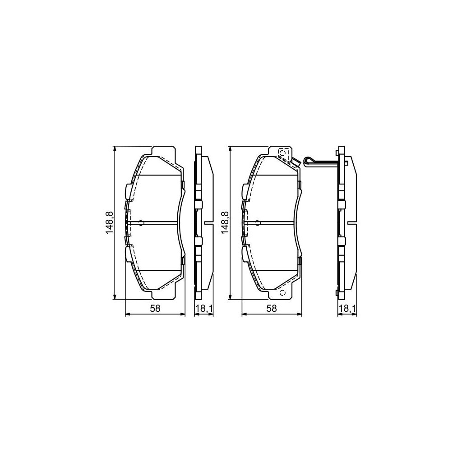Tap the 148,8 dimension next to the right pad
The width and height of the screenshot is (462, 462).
tap(224, 222)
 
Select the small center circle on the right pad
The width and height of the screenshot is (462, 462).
tap(258, 222)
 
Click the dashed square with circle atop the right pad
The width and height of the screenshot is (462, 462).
tap(283, 153)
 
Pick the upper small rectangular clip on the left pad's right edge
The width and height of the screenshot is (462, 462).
tap(183, 184)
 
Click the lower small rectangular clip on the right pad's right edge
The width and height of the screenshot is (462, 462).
tap(300, 260)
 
